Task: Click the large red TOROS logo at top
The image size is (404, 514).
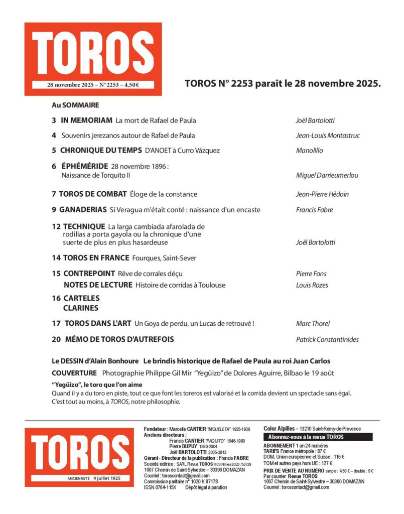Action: tap(93, 59)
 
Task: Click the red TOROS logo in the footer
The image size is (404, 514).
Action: tap(79, 457)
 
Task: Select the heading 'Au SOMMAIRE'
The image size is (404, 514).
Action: tap(75, 105)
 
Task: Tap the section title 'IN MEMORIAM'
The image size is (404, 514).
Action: tap(86, 120)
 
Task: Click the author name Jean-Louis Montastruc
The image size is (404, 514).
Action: tap(328, 136)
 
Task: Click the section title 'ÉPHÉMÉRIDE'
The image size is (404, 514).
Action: tap(82, 166)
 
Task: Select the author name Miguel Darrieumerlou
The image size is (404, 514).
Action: tap(327, 175)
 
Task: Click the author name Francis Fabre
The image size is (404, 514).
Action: tap(315, 210)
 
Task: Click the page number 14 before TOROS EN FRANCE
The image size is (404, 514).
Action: tap(56, 258)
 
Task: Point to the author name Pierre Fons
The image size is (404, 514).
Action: tap(311, 274)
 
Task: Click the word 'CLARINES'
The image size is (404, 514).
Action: tap(81, 308)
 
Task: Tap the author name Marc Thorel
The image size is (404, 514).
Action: tap(313, 324)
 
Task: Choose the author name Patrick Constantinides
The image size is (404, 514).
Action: tap(327, 340)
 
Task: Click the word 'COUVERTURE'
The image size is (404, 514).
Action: tap(74, 373)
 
